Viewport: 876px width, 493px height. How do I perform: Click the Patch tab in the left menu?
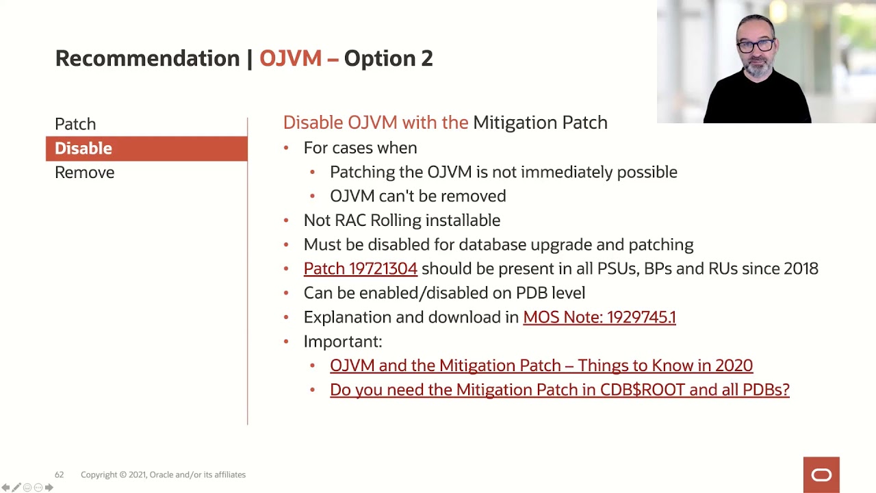click(x=75, y=124)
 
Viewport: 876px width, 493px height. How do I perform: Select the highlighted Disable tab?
click(x=83, y=149)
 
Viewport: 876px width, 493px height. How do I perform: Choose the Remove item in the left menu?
click(x=84, y=173)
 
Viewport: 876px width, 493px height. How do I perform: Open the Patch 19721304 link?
click(x=360, y=268)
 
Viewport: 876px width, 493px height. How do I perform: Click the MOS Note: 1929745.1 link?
click(x=599, y=317)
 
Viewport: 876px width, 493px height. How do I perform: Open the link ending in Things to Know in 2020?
click(x=541, y=366)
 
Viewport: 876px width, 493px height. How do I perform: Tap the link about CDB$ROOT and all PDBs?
click(x=559, y=390)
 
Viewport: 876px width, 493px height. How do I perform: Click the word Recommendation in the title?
click(x=147, y=58)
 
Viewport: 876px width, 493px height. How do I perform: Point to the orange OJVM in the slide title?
click(x=290, y=58)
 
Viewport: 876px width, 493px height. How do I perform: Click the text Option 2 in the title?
click(x=388, y=58)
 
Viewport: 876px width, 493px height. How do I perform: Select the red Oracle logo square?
click(x=821, y=475)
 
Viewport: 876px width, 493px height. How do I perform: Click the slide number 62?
click(x=60, y=475)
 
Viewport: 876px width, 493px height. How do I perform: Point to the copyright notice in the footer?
click(x=163, y=475)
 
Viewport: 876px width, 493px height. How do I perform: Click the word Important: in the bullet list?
click(x=342, y=341)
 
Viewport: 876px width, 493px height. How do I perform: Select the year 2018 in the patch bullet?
click(x=801, y=268)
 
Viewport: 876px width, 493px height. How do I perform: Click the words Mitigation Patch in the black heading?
click(x=540, y=123)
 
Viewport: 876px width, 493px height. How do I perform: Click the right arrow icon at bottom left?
click(x=49, y=488)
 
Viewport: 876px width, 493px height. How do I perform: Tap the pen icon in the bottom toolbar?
click(x=16, y=488)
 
